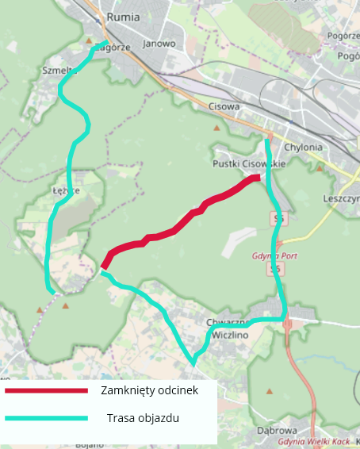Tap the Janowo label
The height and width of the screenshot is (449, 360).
click(x=159, y=44)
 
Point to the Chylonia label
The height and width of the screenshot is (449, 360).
click(x=303, y=148)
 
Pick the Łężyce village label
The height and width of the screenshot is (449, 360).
click(x=67, y=191)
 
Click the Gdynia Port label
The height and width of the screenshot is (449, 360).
click(x=274, y=256)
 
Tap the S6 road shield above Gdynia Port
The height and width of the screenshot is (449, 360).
click(x=278, y=218)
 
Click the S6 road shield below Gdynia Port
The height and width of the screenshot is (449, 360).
click(x=276, y=270)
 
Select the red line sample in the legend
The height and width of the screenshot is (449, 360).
click(x=45, y=390)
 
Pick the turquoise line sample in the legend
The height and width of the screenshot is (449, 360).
click(x=45, y=418)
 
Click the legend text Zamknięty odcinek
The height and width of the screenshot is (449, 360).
click(x=148, y=390)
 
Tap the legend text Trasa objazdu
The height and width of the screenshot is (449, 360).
click(x=143, y=418)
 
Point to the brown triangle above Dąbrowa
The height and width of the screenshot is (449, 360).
click(x=270, y=391)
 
